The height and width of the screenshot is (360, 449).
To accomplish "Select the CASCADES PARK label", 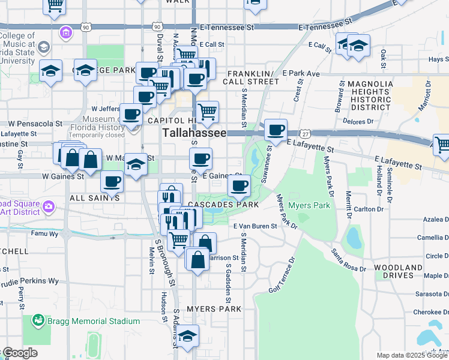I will click(223, 205).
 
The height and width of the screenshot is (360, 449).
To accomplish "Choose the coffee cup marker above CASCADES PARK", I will click(240, 185).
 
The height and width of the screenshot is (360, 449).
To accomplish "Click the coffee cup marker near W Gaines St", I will click(112, 181).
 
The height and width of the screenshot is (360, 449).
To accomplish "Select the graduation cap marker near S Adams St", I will click(187, 337).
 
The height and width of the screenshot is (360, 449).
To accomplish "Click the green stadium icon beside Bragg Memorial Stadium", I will click(38, 321).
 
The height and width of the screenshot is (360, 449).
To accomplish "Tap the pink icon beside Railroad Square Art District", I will click(47, 207).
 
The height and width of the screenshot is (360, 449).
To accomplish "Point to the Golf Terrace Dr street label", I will click(283, 275).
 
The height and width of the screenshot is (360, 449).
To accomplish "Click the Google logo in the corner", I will click(19, 353).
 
